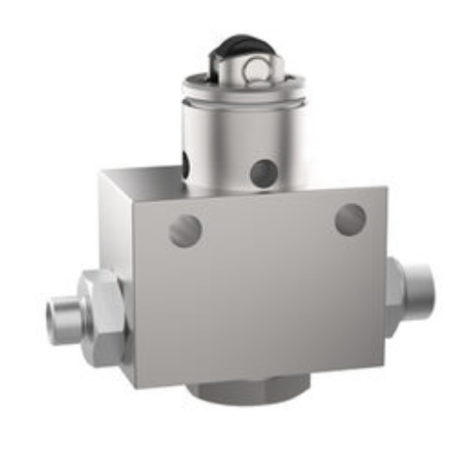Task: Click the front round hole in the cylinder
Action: click(264, 171)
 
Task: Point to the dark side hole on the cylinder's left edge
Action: click(186, 166)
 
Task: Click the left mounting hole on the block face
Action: click(185, 229)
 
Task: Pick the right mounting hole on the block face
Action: click(350, 219)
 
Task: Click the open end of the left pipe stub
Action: click(58, 321)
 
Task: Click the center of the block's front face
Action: click(257, 285)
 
